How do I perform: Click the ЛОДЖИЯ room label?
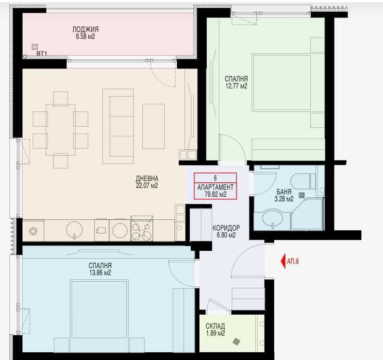click(85, 29)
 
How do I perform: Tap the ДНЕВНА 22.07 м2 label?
click(147, 182)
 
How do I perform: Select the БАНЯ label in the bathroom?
click(284, 192)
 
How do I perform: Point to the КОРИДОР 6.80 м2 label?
click(226, 231)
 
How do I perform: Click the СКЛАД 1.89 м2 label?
click(215, 330)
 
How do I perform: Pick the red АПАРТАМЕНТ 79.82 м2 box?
click(215, 186)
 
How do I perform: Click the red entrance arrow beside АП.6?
click(284, 262)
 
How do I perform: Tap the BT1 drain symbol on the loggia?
click(35, 47)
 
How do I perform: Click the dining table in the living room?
click(61, 130)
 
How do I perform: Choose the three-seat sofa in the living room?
click(118, 126)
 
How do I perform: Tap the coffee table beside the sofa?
click(154, 126)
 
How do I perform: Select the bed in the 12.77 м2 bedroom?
click(281, 82)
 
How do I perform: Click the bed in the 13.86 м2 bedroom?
click(99, 316)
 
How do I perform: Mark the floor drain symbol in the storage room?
click(237, 341)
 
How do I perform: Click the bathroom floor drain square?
click(302, 195)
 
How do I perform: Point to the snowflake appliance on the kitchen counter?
click(33, 231)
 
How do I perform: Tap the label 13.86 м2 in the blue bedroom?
click(100, 272)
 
